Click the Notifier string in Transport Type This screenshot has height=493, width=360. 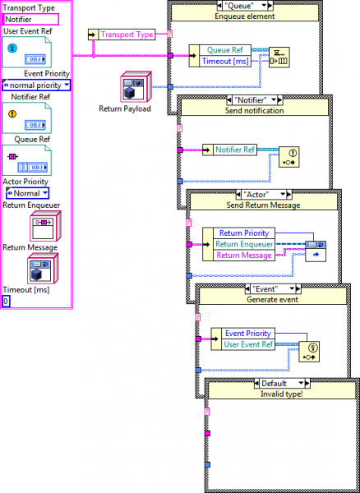click(30, 20)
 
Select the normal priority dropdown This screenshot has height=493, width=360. click(36, 85)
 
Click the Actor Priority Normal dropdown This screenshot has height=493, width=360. click(28, 193)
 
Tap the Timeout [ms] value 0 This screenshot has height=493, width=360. click(7, 302)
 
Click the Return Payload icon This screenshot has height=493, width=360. click(136, 87)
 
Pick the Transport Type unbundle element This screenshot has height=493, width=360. click(127, 35)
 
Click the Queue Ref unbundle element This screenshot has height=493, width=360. click(225, 50)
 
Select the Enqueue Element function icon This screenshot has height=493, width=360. click(279, 58)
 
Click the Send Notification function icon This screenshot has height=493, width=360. click(289, 157)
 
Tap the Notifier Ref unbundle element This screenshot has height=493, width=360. click(235, 150)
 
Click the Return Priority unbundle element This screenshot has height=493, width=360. click(244, 233)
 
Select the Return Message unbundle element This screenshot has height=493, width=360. click(244, 256)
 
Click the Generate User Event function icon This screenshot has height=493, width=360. click(309, 352)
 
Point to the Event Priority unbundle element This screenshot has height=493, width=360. click(248, 334)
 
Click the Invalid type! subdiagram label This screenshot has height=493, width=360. click(282, 394)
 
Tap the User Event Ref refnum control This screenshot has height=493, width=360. click(27, 53)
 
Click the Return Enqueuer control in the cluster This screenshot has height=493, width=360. click(45, 226)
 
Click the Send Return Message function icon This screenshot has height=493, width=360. click(316, 251)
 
